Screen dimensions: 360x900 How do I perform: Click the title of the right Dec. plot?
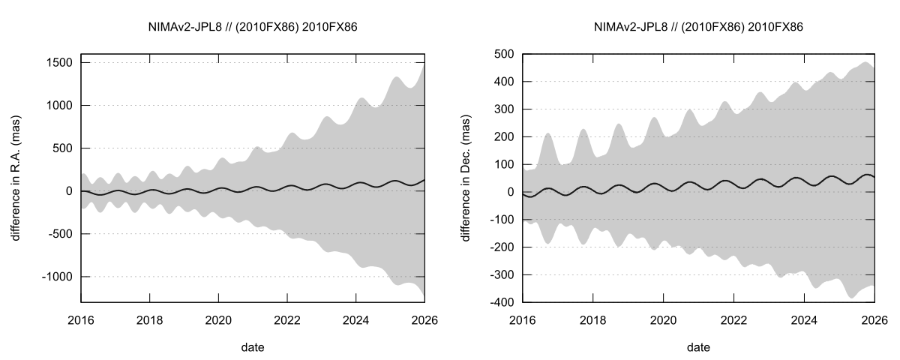tap(698, 27)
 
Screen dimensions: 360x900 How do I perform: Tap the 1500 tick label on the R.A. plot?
tap(58, 63)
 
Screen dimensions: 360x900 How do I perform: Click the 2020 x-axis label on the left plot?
tap(218, 319)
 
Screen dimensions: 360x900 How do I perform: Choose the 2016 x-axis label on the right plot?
tap(522, 319)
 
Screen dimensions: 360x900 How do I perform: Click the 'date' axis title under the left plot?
tap(252, 346)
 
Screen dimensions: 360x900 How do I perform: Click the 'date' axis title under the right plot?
tap(698, 346)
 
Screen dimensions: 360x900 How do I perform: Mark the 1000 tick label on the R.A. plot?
tap(58, 106)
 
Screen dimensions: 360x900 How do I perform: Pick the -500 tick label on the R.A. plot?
tap(59, 234)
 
